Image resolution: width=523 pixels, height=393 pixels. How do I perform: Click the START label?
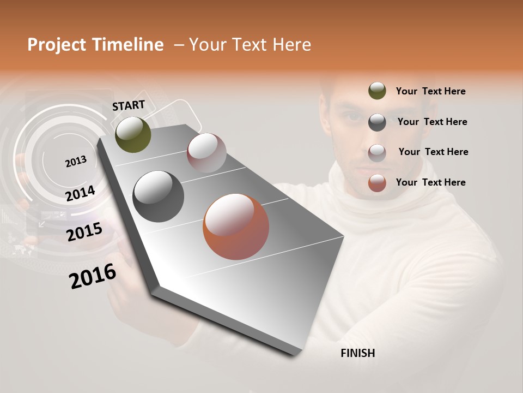coord(129,105)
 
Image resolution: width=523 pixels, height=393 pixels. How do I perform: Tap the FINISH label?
coord(357,353)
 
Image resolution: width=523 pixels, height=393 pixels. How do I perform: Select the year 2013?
coord(76,161)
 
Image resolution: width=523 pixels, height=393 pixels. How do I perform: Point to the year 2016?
coord(93,276)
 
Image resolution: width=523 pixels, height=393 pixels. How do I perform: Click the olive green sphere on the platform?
coord(133,134)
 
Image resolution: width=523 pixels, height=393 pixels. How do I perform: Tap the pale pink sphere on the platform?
coord(206,153)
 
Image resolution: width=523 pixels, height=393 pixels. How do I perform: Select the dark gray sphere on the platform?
coord(159,196)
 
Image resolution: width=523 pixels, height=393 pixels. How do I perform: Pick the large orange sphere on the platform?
coord(236,227)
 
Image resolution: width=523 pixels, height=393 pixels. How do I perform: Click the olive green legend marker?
coord(377,91)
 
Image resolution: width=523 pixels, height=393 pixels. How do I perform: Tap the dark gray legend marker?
coord(377,122)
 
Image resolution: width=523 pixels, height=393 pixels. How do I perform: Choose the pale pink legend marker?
coord(377,152)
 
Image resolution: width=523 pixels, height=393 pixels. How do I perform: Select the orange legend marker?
coord(377,183)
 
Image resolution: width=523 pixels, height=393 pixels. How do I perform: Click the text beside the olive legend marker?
coord(430,91)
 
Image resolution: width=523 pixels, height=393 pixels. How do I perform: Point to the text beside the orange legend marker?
coord(430,182)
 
